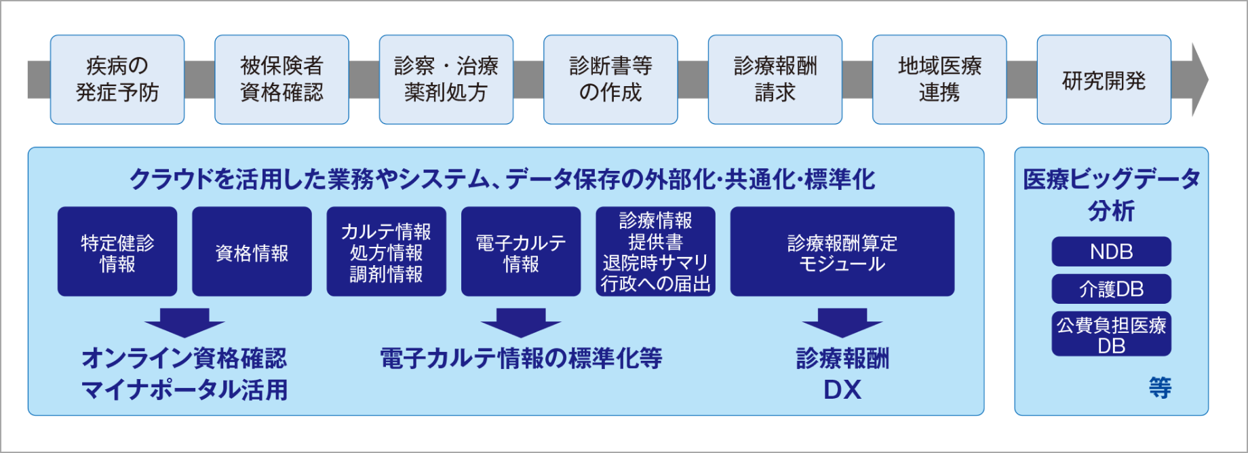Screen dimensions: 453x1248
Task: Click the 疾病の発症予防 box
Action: [117, 79]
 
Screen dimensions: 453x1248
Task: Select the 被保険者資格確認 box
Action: [281, 79]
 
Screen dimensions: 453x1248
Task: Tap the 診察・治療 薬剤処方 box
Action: [446, 79]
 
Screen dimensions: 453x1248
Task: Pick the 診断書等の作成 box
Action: [610, 79]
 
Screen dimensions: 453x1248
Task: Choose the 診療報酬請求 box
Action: [775, 79]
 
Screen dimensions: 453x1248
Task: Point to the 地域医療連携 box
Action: [939, 79]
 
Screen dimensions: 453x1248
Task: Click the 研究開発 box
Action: [1104, 79]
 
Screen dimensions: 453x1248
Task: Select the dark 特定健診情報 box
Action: [117, 252]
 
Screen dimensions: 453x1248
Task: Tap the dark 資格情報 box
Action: [252, 252]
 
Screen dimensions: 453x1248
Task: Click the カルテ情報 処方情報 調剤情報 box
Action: [386, 252]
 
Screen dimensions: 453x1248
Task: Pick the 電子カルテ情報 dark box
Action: [521, 252]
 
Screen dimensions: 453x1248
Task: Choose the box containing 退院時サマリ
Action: [655, 252]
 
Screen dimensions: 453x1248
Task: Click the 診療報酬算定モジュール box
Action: [842, 252]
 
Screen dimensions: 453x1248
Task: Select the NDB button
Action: [1111, 252]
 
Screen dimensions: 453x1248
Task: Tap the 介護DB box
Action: [1111, 289]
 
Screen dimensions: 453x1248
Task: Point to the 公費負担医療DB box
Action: [1111, 334]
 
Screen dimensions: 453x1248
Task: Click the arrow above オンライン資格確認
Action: [184, 322]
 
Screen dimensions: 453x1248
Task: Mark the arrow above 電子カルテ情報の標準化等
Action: [521, 322]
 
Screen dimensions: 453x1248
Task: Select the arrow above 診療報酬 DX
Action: [842, 322]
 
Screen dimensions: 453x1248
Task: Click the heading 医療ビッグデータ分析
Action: [1111, 195]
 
